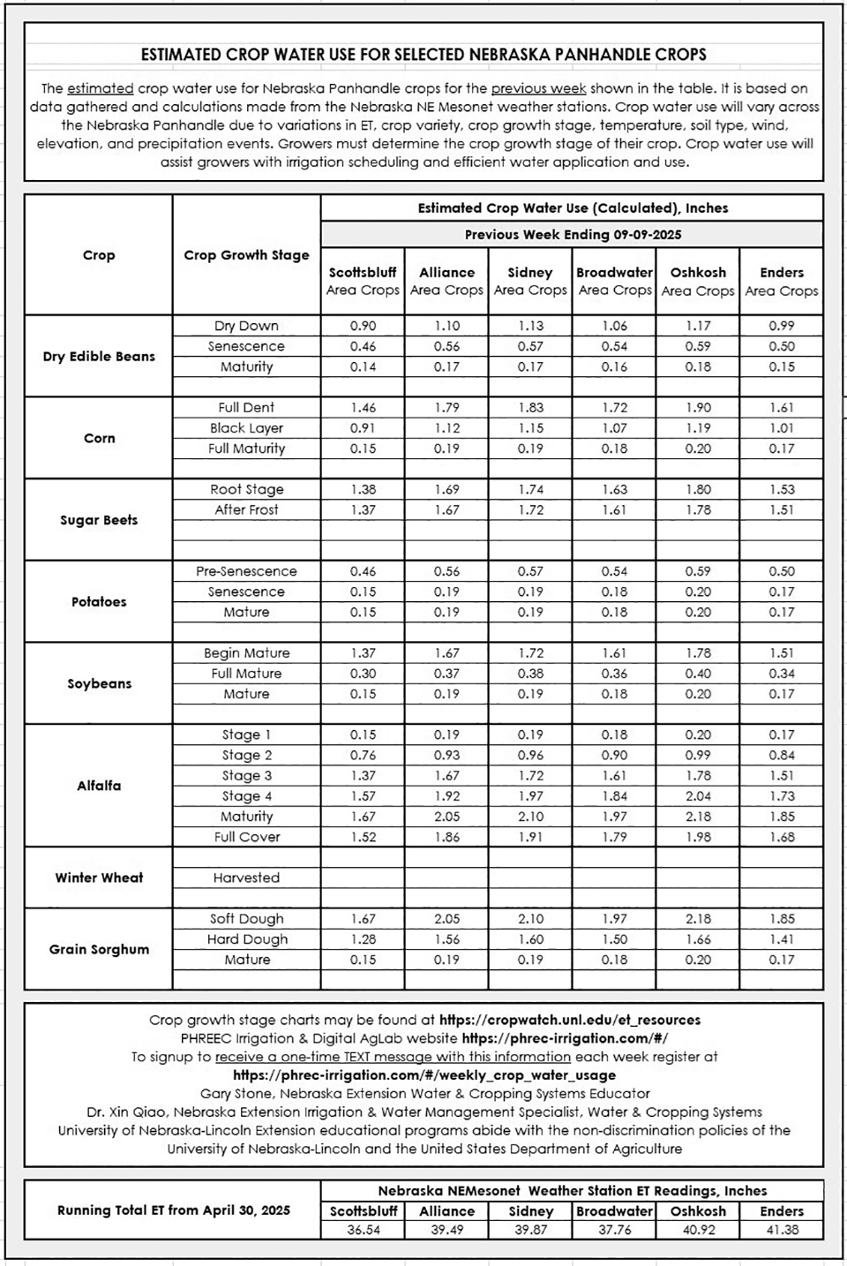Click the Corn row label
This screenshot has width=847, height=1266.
[99, 438]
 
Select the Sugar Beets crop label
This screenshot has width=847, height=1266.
[99, 520]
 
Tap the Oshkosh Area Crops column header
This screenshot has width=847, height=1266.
[698, 282]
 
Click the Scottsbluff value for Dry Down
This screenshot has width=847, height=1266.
[363, 326]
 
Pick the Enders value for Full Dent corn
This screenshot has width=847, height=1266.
[781, 408]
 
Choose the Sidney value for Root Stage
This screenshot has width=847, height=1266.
[530, 489]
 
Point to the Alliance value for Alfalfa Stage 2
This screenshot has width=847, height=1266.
[446, 755]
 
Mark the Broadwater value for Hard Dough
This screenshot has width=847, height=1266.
[614, 939]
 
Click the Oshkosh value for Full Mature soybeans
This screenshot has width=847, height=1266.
[698, 674]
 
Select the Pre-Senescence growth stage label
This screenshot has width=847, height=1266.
[246, 571]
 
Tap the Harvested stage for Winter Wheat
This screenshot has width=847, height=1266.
[246, 878]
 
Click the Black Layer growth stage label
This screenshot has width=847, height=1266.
[246, 428]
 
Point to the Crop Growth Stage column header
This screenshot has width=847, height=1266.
[246, 255]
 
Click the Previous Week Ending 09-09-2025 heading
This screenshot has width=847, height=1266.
[573, 235]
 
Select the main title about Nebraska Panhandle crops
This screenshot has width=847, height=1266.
[423, 55]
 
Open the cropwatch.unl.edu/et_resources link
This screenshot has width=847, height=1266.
[569, 1020]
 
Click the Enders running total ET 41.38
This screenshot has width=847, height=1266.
[781, 1229]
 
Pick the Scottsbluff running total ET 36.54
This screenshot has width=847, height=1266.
[363, 1229]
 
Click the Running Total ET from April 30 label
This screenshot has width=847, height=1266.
[173, 1210]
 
